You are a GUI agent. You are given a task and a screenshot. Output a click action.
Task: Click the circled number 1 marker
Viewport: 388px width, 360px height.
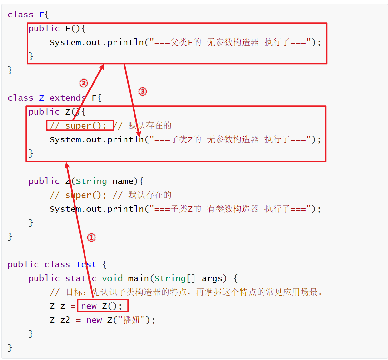(x=92, y=238)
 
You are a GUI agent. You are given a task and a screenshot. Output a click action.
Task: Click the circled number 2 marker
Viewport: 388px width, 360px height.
(x=84, y=83)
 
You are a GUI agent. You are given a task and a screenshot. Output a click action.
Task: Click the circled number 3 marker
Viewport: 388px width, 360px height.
(x=143, y=92)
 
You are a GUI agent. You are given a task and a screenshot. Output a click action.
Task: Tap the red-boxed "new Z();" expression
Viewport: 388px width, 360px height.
(x=103, y=306)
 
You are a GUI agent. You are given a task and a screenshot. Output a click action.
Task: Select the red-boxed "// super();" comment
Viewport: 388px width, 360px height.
(x=80, y=125)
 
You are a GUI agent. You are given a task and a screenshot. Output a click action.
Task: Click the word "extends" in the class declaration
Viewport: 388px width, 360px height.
(x=67, y=98)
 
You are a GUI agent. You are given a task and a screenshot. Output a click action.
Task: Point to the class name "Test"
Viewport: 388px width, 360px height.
(x=86, y=264)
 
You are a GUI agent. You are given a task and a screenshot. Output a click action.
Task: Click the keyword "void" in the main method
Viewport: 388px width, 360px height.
(x=112, y=278)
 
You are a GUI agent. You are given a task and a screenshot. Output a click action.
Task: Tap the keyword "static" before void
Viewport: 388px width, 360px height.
(x=81, y=278)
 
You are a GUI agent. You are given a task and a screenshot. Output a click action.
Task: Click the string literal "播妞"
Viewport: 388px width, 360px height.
(x=132, y=320)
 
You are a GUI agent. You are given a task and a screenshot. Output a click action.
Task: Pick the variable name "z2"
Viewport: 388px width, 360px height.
(x=65, y=320)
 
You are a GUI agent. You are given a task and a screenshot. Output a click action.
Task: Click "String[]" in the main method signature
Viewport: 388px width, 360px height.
(x=175, y=278)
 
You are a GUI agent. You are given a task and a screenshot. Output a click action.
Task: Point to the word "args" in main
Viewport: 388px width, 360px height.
(x=212, y=278)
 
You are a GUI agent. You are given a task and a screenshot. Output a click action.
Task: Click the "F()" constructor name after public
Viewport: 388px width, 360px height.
(x=73, y=29)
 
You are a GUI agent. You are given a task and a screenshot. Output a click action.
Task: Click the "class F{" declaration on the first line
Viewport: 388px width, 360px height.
(x=28, y=15)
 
